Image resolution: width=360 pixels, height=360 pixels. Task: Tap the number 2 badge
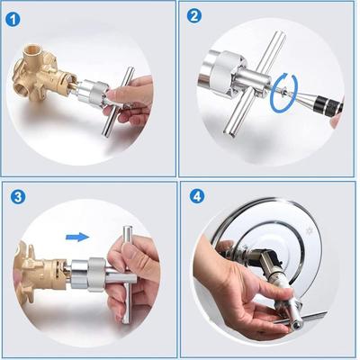pyautogui.click(x=194, y=14)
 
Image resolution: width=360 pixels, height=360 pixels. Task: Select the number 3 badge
pyautogui.click(x=16, y=195)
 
